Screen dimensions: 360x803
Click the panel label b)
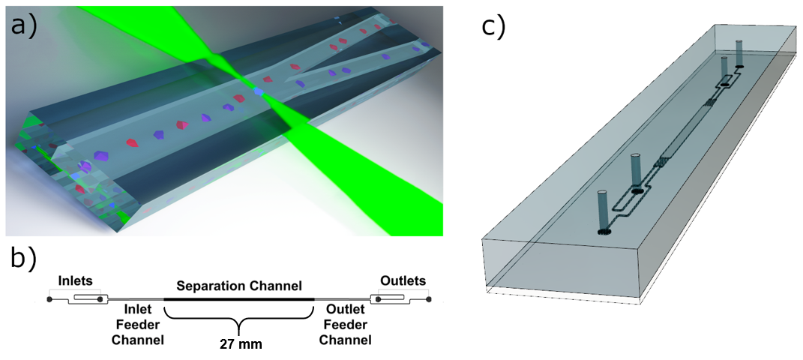24,259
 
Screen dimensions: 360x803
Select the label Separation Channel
238,286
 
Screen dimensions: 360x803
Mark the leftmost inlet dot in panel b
49,300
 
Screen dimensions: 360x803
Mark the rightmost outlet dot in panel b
429,300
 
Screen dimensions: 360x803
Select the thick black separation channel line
238,299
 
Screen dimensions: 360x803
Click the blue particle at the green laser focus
259,91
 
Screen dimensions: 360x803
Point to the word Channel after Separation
274,286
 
